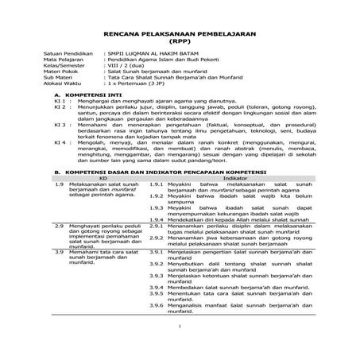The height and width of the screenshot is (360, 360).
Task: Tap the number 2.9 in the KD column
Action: click(60, 248)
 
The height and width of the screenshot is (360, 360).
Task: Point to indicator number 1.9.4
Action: click(157, 240)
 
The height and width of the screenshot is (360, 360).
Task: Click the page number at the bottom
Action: click(180, 347)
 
